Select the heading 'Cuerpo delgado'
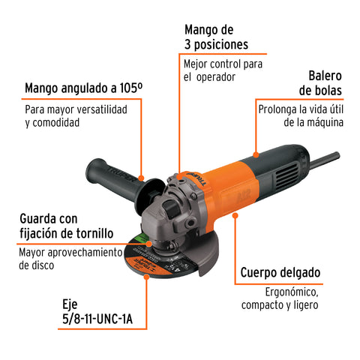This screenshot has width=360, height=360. coord(280,272)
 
